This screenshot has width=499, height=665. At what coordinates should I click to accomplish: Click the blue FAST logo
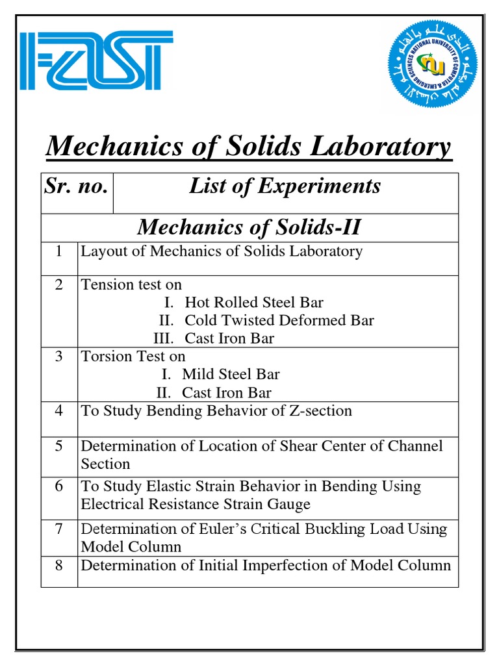[96, 62]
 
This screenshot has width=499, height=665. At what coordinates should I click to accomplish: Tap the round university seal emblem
[432, 63]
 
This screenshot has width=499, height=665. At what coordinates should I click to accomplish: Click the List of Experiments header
[285, 186]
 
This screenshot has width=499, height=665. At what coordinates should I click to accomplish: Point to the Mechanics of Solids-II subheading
[249, 227]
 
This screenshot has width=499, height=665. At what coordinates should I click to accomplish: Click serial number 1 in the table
[59, 251]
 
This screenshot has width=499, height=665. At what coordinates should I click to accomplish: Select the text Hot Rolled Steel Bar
[253, 303]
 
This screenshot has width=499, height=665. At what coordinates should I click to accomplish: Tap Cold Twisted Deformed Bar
[279, 321]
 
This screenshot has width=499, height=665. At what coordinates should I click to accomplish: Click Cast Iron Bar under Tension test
[229, 338]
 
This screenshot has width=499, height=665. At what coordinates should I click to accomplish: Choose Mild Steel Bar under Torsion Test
[231, 375]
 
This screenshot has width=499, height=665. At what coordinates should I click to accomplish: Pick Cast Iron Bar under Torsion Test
[226, 393]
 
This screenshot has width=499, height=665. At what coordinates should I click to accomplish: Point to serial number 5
[59, 447]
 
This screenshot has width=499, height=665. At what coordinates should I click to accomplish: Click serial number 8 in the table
[59, 566]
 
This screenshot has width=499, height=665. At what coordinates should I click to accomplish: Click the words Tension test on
[131, 285]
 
